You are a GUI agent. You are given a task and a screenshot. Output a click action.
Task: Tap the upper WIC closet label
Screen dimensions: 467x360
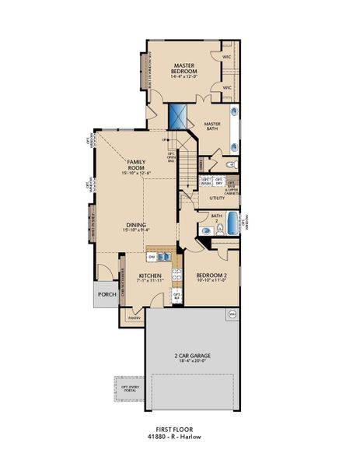coord(228,57)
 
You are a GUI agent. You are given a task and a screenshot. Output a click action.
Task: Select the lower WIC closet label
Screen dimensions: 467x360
coord(228,88)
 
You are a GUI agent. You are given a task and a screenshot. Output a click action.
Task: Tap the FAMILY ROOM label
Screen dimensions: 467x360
coord(138,166)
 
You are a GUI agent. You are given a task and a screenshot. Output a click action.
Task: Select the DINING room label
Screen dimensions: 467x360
coord(138,228)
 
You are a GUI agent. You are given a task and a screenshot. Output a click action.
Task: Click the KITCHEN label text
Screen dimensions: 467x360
coord(149,276)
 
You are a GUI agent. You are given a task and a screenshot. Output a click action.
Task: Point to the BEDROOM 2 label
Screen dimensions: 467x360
coord(210,276)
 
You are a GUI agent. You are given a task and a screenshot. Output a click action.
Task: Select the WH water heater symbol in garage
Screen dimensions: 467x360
coord(232,314)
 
